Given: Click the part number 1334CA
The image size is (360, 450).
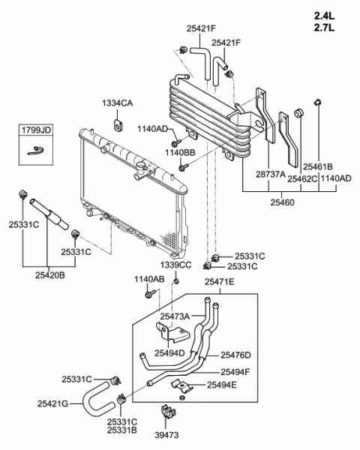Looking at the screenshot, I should pos(118,103).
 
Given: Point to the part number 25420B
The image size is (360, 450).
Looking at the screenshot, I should pos(49,274).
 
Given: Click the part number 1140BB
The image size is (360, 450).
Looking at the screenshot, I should pos(180,152).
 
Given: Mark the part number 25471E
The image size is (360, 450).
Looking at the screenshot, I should pos(220,282).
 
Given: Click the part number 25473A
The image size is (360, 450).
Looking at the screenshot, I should pos(175,316).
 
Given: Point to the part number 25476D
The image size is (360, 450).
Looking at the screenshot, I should pos(235,355).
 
